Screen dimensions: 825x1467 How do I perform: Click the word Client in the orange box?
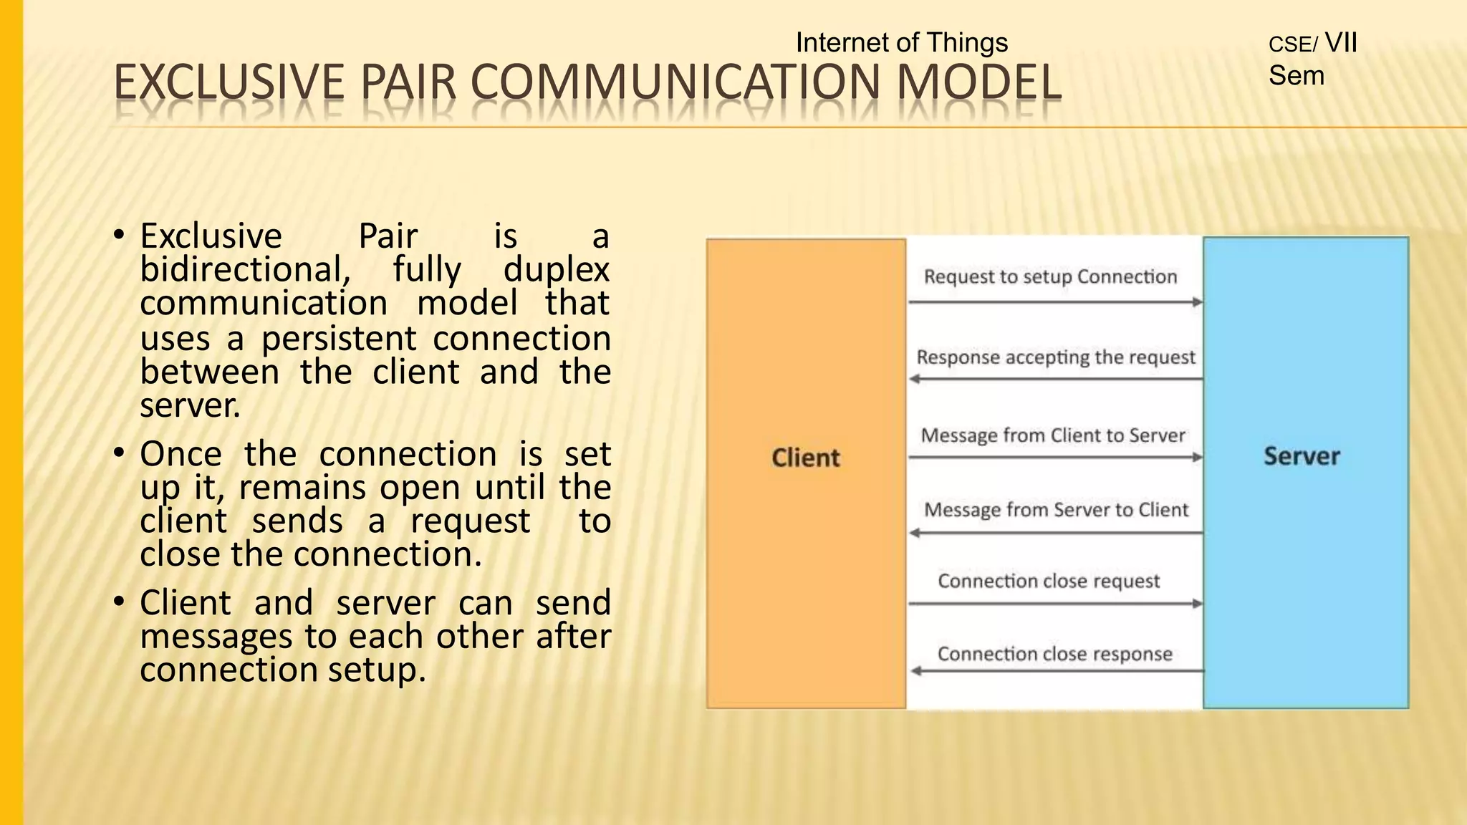coord(805,458)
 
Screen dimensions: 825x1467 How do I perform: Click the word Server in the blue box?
coord(1301,456)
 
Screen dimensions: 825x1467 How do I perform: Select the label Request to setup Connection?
coord(1050,277)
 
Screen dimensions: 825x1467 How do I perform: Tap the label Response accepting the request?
coord(1056,357)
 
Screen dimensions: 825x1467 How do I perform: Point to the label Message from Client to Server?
coord(1053,435)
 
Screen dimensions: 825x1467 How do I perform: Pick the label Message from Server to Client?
coord(1056,510)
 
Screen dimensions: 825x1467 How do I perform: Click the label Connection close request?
coord(1049,581)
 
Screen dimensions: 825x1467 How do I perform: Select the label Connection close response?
coord(1054,654)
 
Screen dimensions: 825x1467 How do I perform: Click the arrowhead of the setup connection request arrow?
coord(1197,302)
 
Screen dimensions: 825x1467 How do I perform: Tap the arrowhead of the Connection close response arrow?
coord(915,671)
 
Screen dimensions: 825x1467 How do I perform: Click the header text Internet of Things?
coord(901,43)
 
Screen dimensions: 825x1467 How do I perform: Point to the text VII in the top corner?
coord(1341,43)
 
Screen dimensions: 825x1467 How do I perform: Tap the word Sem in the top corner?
coord(1296,76)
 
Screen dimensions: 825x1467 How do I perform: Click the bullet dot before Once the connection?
coord(120,453)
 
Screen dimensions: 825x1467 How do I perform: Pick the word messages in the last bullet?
coord(216,637)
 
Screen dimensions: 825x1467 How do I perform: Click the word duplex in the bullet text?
coord(556,270)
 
